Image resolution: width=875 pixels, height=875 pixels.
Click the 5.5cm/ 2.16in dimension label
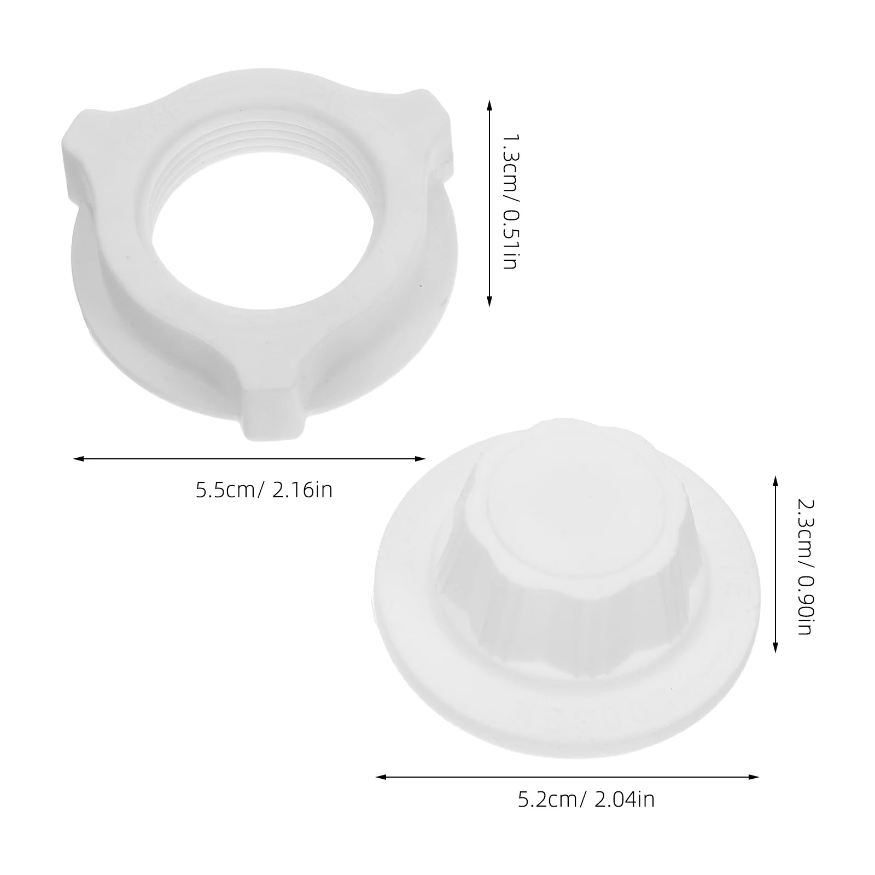pos(264,489)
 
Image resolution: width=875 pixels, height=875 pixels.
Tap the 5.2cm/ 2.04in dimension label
pos(586,801)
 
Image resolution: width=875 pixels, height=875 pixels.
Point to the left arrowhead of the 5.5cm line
pos(78,459)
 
